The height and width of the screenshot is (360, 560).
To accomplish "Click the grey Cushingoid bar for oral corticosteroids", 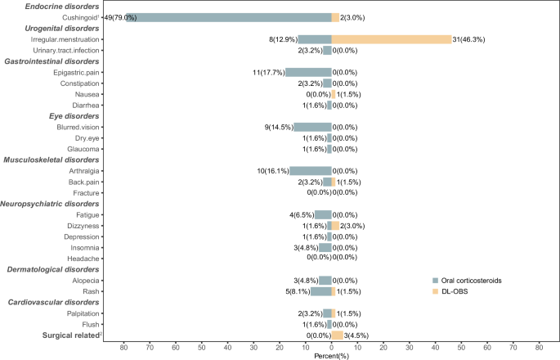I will click(229, 17).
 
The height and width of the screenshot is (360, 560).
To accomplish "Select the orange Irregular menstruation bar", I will click(391, 38).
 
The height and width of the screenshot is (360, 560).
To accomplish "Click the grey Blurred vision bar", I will click(312, 127).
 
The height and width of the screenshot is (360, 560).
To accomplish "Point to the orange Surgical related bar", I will click(337, 335).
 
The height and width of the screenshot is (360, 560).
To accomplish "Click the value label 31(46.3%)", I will click(472, 38).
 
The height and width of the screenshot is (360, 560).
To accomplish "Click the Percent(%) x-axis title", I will click(331, 356).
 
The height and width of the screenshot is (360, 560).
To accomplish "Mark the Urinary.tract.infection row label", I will click(65, 50).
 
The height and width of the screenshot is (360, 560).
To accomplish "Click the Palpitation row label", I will click(79, 313).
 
